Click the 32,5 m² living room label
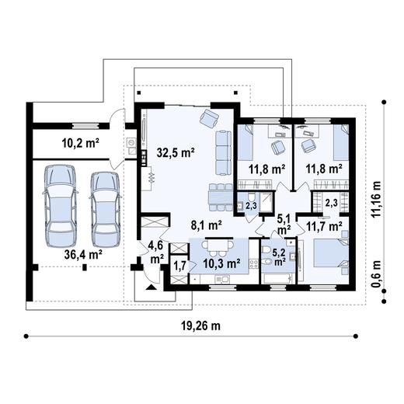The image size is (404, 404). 176,153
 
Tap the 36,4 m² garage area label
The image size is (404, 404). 83,255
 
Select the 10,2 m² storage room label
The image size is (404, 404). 81,143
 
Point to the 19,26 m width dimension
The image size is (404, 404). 200,326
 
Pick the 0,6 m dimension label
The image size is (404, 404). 378,273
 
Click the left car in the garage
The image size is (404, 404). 60,207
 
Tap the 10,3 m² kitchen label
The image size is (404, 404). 221,263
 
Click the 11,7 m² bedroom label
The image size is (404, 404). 324,227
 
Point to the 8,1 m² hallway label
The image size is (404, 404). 206,225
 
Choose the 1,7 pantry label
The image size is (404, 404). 179,266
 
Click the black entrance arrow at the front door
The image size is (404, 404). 151,287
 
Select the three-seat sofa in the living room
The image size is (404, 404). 223,153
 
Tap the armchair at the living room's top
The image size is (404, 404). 210,118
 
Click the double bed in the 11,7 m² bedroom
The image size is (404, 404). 331,253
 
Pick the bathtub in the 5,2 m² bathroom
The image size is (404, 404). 278,279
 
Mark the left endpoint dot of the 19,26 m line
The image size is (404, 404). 26,336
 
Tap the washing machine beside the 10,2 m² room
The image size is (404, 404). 131,142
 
